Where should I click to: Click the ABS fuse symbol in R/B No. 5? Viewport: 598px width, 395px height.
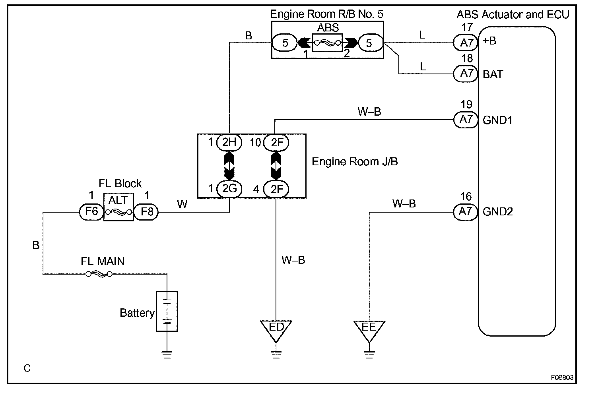point(327,43)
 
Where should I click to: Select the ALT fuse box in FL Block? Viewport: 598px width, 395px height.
point(118,207)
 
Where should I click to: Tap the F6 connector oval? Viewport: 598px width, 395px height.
point(91,212)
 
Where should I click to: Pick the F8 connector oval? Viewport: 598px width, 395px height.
point(146,212)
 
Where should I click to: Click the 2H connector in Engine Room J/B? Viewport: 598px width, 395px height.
point(229,142)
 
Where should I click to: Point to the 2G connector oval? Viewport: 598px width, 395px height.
point(229,189)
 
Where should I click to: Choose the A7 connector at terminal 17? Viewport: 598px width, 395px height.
point(466,43)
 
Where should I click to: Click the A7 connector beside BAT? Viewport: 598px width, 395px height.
point(466,74)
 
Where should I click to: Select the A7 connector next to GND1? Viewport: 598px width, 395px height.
point(466,120)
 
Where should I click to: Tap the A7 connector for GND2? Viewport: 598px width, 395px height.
point(466,212)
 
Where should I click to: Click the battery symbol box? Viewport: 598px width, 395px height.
point(167,311)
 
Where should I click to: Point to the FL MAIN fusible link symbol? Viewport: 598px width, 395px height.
point(99,274)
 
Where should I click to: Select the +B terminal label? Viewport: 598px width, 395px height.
point(489,41)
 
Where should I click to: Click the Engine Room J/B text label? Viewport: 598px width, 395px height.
point(355,162)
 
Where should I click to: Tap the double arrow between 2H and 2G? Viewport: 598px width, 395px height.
point(229,166)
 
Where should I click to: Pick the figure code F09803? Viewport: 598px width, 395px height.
point(562,378)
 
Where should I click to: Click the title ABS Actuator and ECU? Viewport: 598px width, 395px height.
point(513,15)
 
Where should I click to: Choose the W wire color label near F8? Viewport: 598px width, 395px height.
point(182,204)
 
